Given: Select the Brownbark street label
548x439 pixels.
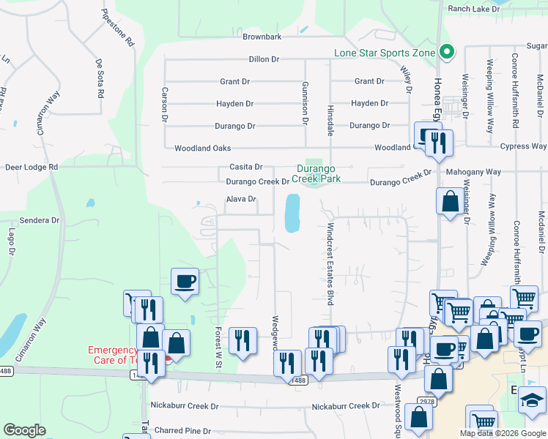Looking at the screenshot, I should coord(262,37).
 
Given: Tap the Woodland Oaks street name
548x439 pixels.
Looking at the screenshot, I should coord(202,149).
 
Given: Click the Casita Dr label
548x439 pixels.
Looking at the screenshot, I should coord(245,168).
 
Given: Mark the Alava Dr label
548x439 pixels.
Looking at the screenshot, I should coord(240,199).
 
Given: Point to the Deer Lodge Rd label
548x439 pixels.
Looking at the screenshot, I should coord(32,167).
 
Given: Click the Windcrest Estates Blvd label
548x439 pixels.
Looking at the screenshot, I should coord(330,263).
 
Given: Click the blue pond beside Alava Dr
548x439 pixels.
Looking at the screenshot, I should coord(292,212).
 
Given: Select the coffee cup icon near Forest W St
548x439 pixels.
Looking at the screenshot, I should coord(185,280).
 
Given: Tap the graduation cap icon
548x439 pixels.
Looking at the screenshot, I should coord(533,399).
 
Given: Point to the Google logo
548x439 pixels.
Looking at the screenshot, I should coord(24,430).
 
